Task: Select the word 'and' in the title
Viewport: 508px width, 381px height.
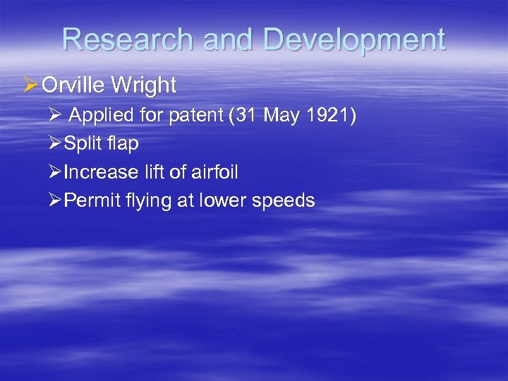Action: point(227,40)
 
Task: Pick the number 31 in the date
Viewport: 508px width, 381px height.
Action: point(248,116)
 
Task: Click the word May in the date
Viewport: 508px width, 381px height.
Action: point(282,116)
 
